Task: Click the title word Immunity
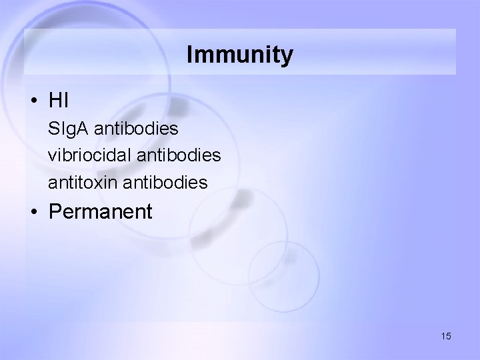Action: coord(239,55)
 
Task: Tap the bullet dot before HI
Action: coord(33,101)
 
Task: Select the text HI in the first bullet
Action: coord(59,101)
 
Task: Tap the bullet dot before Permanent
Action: coord(33,213)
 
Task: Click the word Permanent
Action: coord(101,213)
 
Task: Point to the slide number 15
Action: coord(446,337)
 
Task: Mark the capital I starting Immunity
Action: coord(191,55)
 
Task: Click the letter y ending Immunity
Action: coord(287,57)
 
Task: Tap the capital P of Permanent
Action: coord(55,213)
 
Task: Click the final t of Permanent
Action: coord(149,213)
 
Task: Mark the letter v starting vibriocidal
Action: coord(52,155)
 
